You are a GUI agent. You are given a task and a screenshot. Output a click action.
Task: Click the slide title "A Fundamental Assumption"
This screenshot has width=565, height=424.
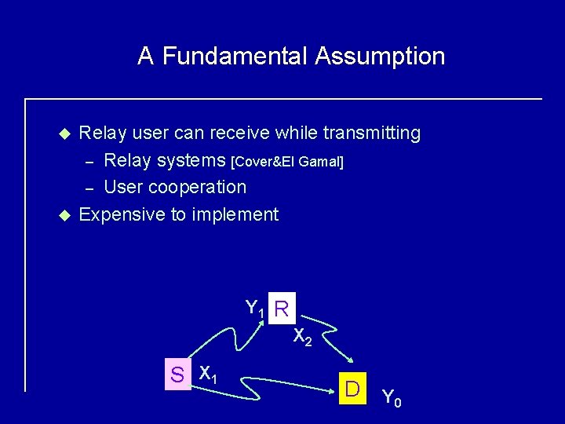tap(291, 57)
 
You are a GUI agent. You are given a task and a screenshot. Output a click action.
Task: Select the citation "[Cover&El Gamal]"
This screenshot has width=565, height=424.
tap(287, 162)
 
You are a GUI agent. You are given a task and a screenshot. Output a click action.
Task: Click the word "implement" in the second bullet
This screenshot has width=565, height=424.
tap(239, 214)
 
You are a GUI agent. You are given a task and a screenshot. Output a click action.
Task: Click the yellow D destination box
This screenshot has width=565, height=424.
tap(353, 389)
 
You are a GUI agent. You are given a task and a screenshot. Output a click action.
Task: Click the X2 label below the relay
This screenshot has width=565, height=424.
tap(303, 338)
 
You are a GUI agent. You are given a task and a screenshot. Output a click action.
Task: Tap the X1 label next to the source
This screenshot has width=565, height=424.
tap(208, 374)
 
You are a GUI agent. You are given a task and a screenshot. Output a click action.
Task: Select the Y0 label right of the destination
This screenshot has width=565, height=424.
tap(392, 398)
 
